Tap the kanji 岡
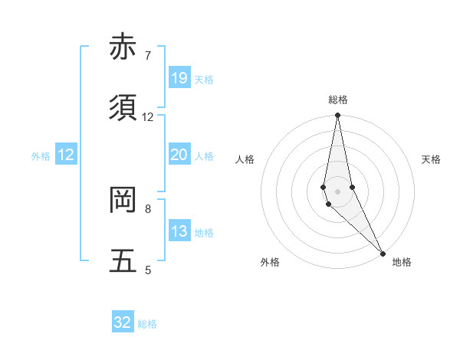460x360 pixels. click(x=123, y=200)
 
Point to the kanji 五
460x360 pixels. click(x=123, y=261)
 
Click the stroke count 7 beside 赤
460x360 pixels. click(x=148, y=55)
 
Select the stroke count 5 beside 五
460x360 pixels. click(x=148, y=270)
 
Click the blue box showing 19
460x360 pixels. click(x=179, y=78)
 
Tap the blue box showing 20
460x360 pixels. click(x=179, y=155)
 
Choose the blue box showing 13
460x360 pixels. click(x=179, y=231)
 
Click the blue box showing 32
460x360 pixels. click(x=123, y=322)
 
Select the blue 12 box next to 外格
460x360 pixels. click(x=66, y=155)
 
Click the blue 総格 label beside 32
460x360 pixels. click(x=148, y=324)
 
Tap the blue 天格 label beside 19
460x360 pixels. click(x=204, y=80)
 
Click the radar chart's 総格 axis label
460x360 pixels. click(x=338, y=100)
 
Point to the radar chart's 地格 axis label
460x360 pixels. click(x=402, y=262)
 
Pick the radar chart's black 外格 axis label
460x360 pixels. click(x=270, y=262)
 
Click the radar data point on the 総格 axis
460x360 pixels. click(x=337, y=116)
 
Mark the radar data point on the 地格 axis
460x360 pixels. click(x=383, y=252)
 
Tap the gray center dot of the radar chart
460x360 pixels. click(x=337, y=191)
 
